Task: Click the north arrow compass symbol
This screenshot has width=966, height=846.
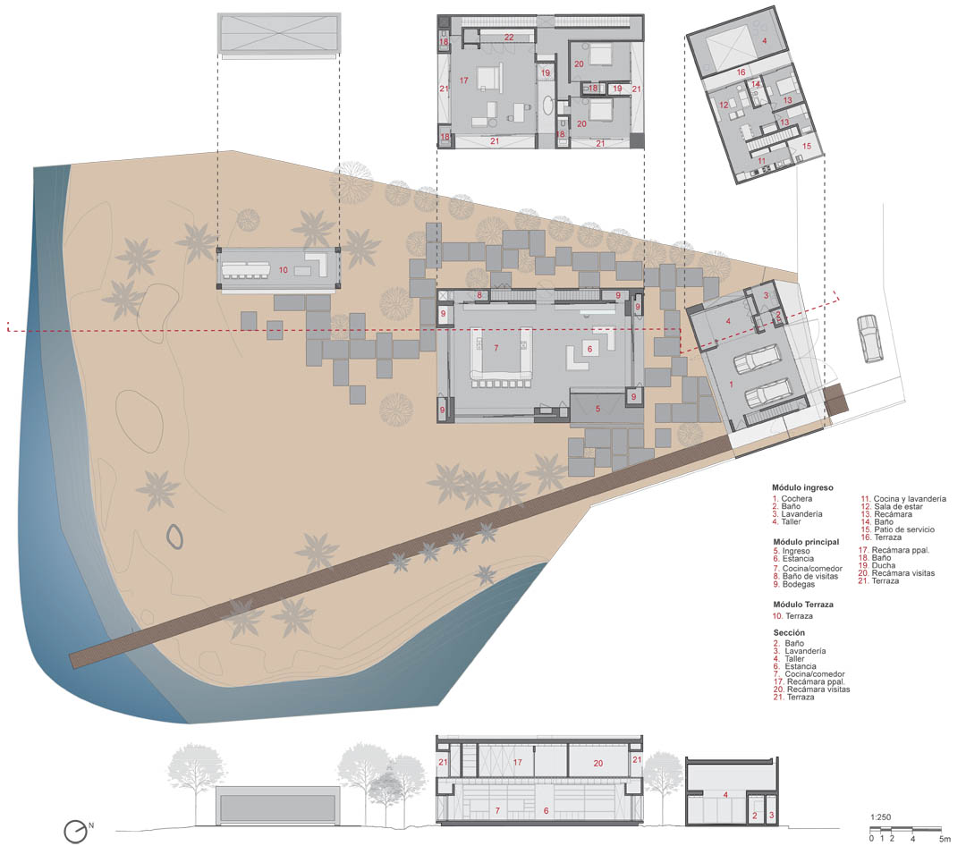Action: coord(76,832)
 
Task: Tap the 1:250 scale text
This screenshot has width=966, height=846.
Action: coord(880,817)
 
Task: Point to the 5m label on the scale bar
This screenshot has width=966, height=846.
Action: coord(945,839)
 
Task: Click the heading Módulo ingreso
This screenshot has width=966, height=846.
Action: coord(802,487)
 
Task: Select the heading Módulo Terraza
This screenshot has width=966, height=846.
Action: coord(802,605)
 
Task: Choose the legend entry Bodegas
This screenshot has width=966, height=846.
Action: coord(794,584)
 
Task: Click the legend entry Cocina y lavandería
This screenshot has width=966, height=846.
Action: coord(903,498)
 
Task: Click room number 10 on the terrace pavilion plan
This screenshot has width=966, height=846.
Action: coord(284,270)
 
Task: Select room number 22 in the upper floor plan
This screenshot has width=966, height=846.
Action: coord(509,38)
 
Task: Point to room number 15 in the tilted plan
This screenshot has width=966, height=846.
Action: coord(807,146)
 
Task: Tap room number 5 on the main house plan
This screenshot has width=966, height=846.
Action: coord(597,409)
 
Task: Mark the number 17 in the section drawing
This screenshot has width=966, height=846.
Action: coord(518,762)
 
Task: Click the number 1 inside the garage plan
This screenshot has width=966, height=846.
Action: coord(732,385)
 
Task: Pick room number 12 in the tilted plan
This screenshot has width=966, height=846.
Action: coord(724,105)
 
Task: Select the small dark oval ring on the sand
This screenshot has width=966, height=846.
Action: coord(175,537)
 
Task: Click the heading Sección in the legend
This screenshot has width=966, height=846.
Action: coord(789,633)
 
